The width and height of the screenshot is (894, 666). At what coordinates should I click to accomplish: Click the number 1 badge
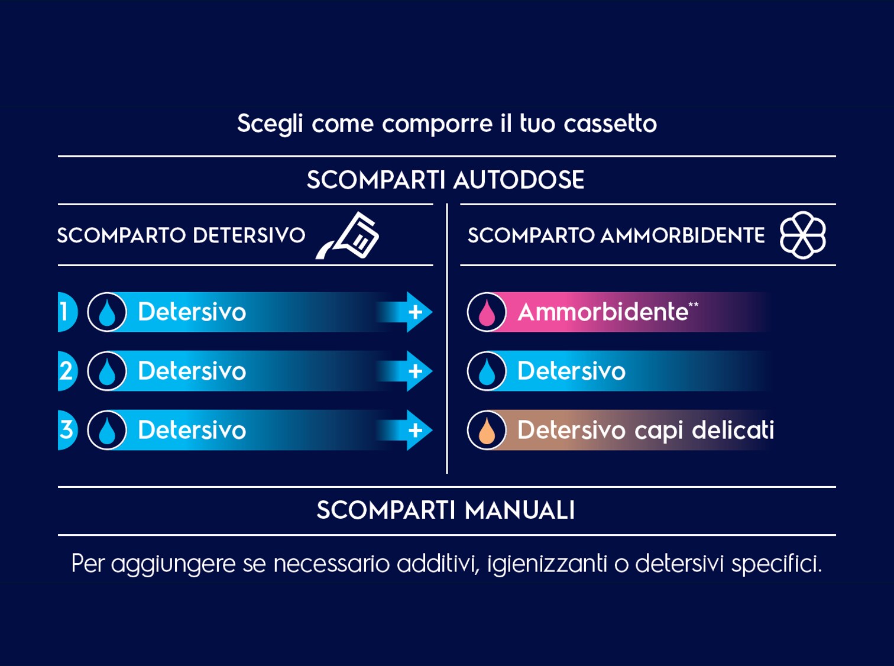click(x=66, y=312)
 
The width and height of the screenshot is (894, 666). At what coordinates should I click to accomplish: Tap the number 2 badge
click(x=66, y=371)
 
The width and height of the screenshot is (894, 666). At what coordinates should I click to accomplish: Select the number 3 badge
click(x=66, y=429)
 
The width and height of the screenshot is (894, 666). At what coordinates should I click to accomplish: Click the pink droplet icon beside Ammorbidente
click(x=487, y=312)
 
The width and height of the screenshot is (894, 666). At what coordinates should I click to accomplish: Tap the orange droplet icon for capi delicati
click(x=487, y=430)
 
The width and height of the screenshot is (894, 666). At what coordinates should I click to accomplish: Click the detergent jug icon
click(x=348, y=235)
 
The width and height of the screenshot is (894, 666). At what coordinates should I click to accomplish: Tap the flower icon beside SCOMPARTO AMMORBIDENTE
click(x=802, y=235)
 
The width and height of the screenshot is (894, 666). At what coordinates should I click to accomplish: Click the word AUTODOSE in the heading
click(x=519, y=179)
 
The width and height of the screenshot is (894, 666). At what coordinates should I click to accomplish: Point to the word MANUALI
click(x=520, y=510)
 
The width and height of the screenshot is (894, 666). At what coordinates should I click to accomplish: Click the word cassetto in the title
click(x=610, y=123)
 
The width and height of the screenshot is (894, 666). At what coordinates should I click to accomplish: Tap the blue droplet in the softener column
click(x=487, y=371)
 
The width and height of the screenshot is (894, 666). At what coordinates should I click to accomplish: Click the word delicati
click(x=733, y=429)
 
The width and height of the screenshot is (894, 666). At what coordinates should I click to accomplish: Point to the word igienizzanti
click(x=547, y=564)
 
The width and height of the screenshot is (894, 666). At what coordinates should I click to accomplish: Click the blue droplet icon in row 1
click(x=107, y=312)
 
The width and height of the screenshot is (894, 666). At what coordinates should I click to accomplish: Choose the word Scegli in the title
click(x=270, y=124)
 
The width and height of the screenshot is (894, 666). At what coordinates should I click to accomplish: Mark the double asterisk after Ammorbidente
click(x=694, y=305)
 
